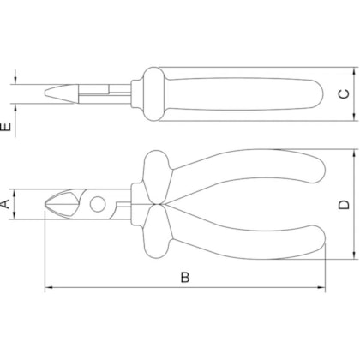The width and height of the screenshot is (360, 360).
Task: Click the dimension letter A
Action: point(5,204)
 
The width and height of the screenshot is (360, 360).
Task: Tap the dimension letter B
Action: point(185,277)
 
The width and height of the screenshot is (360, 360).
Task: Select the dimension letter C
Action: point(344,94)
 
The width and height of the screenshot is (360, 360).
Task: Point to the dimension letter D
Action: point(344,205)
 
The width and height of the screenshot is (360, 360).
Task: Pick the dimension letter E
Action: point(6,127)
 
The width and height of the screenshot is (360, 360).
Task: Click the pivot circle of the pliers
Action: point(98,204)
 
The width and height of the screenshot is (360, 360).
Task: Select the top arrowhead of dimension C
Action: point(354,72)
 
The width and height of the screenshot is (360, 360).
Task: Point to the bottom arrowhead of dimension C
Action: point(354,117)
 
